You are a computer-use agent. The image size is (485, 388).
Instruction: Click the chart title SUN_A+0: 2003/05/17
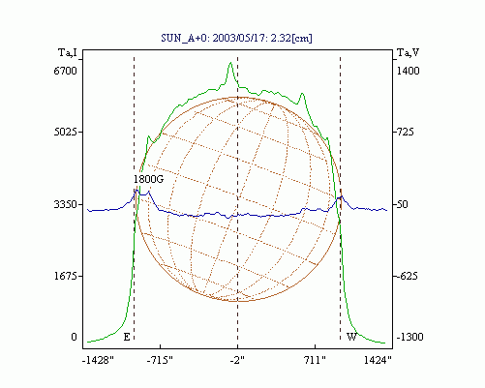pyautogui.click(x=211, y=38)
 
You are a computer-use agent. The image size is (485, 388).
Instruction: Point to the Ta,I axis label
pyautogui.click(x=68, y=52)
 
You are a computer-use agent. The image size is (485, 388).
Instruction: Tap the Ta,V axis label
pyautogui.click(x=408, y=52)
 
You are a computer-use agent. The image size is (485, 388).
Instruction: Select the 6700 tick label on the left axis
pyautogui.click(x=65, y=71)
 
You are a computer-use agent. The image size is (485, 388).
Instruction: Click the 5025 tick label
pyautogui.click(x=65, y=132)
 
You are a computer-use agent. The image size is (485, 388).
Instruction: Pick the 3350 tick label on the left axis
pyautogui.click(x=65, y=204)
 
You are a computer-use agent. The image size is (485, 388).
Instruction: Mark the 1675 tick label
pyautogui.click(x=65, y=276)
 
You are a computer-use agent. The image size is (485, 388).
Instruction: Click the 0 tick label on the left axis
pyautogui.click(x=74, y=337)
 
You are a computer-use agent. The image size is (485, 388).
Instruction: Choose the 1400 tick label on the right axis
pyautogui.click(x=408, y=71)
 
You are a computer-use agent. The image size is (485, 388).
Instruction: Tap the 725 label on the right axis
pyautogui.click(x=404, y=132)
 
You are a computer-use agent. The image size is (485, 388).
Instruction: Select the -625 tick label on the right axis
pyautogui.click(x=408, y=276)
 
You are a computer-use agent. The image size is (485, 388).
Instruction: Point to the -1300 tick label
pyautogui.click(x=409, y=337)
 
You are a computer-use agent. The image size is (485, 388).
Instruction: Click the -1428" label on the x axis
pyautogui.click(x=98, y=360)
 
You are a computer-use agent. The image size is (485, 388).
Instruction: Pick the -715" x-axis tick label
pyautogui.click(x=160, y=360)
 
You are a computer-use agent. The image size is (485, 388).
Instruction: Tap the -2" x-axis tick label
pyautogui.click(x=237, y=360)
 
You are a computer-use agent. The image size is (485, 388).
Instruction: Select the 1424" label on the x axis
pyautogui.click(x=378, y=360)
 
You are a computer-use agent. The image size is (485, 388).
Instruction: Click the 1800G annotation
pyautogui.click(x=148, y=179)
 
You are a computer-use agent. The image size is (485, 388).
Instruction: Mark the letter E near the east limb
pyautogui.click(x=127, y=337)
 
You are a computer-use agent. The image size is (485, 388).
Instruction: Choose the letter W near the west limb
pyautogui.click(x=351, y=337)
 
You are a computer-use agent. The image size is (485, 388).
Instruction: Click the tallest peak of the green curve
pyautogui.click(x=230, y=63)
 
